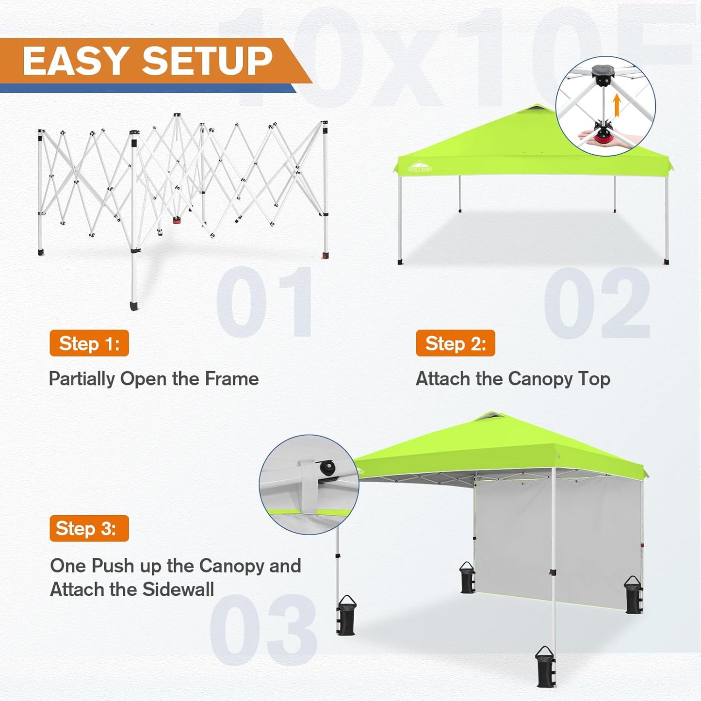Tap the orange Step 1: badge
tap(89, 343)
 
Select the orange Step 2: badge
tap(456, 343)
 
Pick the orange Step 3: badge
tap(89, 528)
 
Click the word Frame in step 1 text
tap(231, 379)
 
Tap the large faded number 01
tap(264, 302)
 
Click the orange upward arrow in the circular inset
tap(617, 105)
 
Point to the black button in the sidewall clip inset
tap(327, 468)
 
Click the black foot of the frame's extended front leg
tap(134, 306)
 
